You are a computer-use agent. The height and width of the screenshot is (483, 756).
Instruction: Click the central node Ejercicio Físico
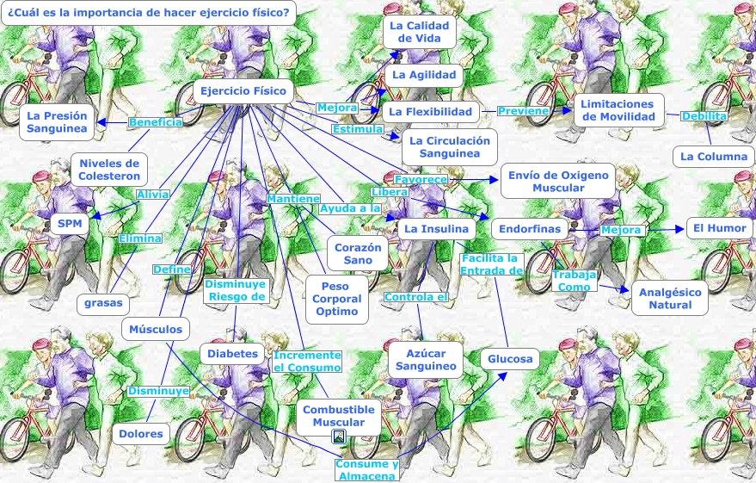coord(243,91)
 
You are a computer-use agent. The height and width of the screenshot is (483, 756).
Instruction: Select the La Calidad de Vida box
coord(419,32)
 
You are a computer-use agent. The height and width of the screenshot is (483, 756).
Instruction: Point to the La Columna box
coord(713,157)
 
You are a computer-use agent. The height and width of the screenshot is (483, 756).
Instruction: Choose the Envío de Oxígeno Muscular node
coord(558,181)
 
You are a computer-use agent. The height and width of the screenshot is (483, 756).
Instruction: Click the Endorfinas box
coord(530,229)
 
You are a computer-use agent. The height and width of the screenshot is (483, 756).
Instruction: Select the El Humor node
coord(719,229)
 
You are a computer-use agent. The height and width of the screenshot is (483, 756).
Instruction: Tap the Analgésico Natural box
coord(670,298)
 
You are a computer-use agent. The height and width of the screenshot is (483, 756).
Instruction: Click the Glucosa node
coord(510,359)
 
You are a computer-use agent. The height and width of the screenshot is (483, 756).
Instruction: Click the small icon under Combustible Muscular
coord(339,437)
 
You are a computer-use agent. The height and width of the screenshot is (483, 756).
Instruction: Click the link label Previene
coord(523,111)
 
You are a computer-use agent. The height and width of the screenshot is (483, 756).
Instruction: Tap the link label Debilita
coord(704,116)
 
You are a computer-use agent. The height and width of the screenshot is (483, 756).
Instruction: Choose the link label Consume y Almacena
coord(367,470)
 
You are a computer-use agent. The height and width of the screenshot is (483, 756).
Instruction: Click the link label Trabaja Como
coord(574,281)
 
